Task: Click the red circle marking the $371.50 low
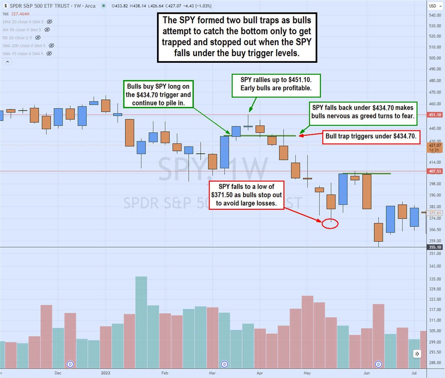click(330, 224)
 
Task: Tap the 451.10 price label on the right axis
click(435, 114)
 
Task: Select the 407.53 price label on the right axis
click(435, 171)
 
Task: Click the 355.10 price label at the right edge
click(435, 247)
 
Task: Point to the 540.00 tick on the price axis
click(435, 15)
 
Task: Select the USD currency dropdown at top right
click(434, 6)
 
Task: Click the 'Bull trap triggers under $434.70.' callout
click(371, 137)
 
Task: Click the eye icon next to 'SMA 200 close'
click(51, 45)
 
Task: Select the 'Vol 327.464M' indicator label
click(15, 14)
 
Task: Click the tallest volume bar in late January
click(141, 321)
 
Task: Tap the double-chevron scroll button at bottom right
click(417, 354)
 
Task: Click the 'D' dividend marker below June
click(379, 364)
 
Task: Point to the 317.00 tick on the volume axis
click(435, 309)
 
